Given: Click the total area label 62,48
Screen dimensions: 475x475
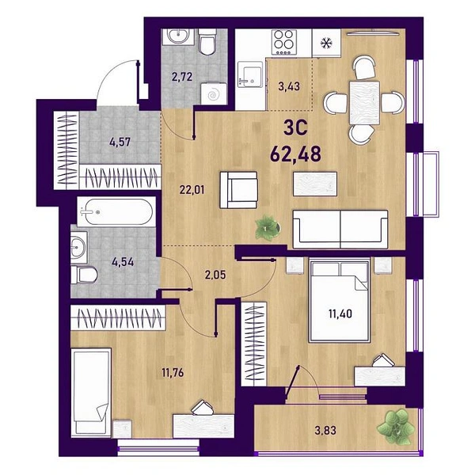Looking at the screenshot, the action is point(295,154).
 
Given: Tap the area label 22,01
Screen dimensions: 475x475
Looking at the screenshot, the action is point(192,190).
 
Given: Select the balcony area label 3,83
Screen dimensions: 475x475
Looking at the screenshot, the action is point(325,430).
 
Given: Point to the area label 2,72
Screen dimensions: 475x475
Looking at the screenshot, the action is point(182,77).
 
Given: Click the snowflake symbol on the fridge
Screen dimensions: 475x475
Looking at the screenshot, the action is point(326,43).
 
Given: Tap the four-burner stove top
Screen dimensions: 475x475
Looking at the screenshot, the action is point(284,42).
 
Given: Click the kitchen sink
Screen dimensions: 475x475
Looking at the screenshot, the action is point(250,74).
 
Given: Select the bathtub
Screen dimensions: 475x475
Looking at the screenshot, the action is point(116,212).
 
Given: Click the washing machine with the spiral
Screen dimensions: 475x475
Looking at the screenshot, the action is point(214,94).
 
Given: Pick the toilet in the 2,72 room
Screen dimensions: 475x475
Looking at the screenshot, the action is point(207,43).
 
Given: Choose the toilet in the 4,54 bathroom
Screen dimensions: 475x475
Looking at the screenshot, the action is point(84,275).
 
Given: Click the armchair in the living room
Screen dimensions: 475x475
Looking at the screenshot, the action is point(239,190).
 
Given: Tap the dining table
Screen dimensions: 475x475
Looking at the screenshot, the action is point(364,103).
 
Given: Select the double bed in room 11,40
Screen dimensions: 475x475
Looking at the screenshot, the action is point(340,301).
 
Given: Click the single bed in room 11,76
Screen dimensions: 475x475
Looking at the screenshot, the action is point(91,393).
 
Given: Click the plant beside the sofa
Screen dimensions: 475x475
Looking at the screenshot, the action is point(268,227).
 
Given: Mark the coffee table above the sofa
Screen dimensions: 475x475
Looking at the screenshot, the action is point(315,184).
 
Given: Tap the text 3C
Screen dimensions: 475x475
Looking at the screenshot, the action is point(295,127).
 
